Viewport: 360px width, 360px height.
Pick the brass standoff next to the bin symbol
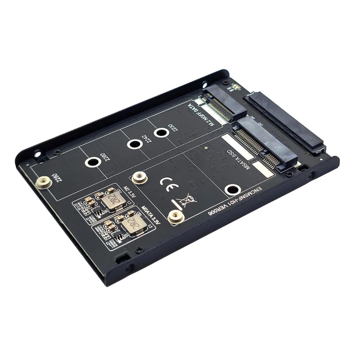pos(175,217)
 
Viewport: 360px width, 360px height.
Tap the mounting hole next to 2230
pos(161,133)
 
